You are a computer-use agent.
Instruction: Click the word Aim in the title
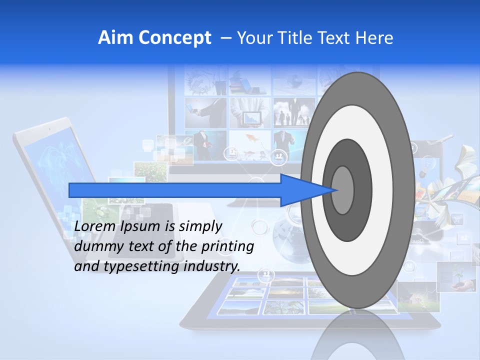116,38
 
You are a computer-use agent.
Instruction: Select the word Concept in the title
174,38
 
